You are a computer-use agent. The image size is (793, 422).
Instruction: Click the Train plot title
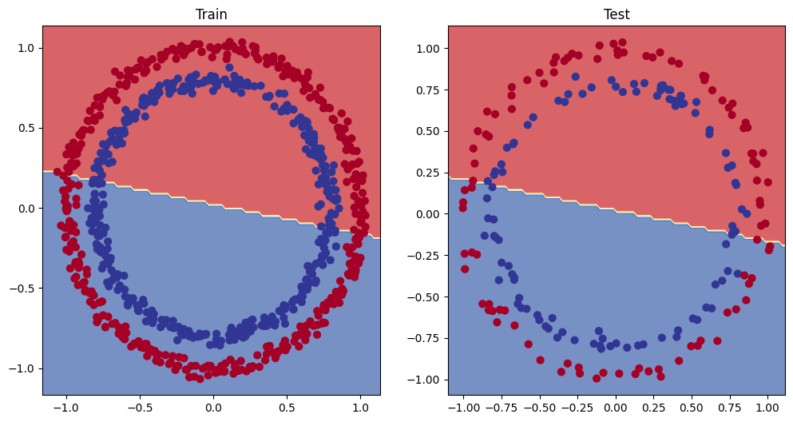coord(211,14)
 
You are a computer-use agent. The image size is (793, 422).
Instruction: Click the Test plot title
coord(617,14)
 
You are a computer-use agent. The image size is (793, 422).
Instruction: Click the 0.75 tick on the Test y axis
coord(428,90)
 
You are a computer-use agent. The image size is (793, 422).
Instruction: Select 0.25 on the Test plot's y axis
coord(428,173)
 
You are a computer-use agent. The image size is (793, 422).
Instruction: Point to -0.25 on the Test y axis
coord(425,256)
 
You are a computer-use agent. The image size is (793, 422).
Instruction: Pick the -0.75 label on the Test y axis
coord(425,338)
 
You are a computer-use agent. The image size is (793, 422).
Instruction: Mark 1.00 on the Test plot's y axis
coord(428,48)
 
